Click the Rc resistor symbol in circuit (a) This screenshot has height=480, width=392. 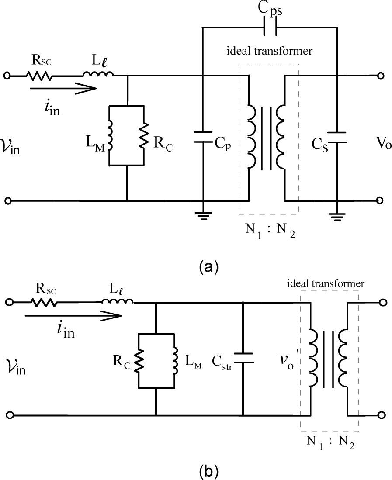(144, 135)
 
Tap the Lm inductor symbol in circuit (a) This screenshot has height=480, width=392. (110, 135)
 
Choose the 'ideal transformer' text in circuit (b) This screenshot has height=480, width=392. (325, 283)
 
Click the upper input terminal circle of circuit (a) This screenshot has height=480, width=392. (7, 76)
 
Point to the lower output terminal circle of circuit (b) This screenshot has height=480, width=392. (382, 414)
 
